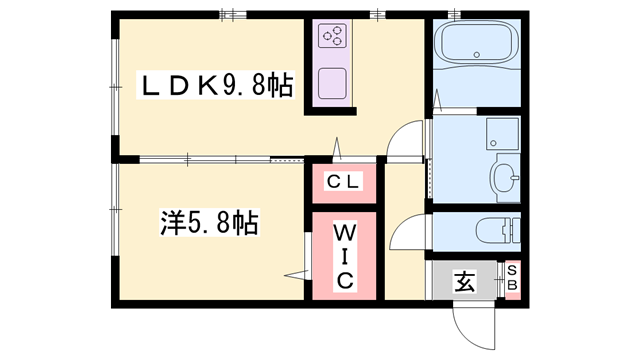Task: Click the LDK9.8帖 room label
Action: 215,87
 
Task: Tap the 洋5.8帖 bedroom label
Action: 209,222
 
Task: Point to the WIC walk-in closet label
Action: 343,255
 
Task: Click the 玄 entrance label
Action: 465,281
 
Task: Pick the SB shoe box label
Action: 511,278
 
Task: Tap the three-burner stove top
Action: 333,38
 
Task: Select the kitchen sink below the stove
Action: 333,82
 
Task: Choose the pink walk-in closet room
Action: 344,255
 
